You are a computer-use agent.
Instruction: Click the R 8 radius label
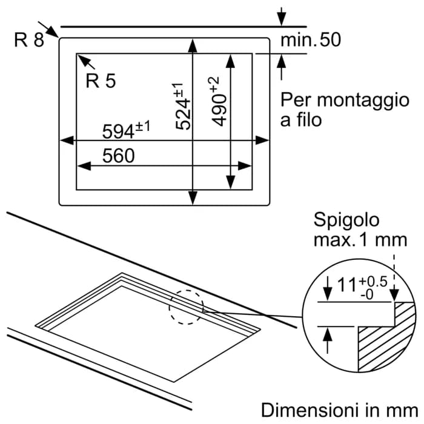(x=29, y=40)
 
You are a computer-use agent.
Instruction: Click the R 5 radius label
(x=101, y=81)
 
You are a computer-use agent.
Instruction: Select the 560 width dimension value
(x=119, y=156)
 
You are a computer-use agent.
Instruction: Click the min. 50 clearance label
(x=311, y=40)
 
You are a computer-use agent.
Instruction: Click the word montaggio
(x=363, y=101)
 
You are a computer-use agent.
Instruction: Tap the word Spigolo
(x=346, y=220)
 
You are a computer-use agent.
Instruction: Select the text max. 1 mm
(x=360, y=240)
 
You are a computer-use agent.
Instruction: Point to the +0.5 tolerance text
(x=373, y=282)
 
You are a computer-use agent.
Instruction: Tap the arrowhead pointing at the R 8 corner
(x=53, y=32)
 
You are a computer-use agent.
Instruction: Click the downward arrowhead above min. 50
(x=282, y=19)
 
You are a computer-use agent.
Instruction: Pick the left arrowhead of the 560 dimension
(x=84, y=166)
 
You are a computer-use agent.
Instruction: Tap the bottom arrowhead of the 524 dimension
(x=193, y=197)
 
